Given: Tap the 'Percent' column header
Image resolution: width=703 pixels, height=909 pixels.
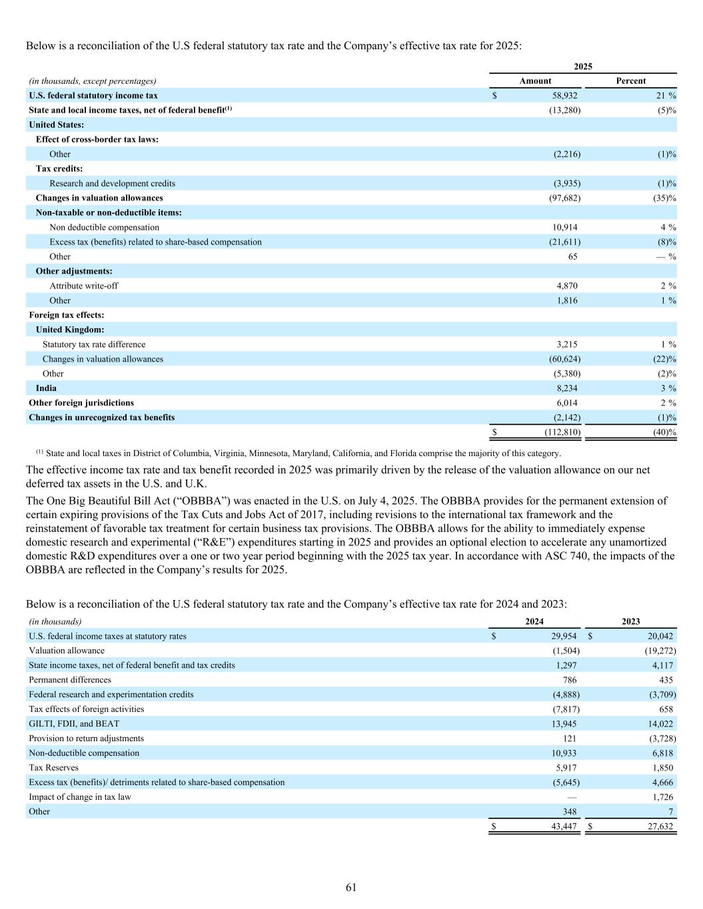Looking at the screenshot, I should coord(630,81).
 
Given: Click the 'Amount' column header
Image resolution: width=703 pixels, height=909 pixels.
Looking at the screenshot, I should coord(535,81).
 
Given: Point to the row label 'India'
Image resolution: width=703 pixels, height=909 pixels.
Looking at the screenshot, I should coord(46,388).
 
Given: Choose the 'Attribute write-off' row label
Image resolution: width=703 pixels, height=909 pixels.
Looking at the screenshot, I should coord(84,286).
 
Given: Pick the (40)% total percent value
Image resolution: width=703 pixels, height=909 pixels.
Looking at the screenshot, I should coord(664,433).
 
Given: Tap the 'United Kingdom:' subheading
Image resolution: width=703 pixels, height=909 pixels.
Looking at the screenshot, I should coord(70,330).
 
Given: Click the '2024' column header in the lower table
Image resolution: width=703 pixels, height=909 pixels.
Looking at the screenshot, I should coord(534,621).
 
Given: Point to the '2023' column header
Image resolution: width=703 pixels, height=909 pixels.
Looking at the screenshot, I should coord(630,621).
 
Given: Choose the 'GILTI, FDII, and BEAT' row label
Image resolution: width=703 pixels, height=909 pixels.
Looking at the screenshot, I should coord(74,724).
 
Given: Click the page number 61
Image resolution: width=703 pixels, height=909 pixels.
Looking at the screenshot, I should coord(351,888).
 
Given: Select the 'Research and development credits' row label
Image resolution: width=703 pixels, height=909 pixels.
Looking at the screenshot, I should coord(112,183).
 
